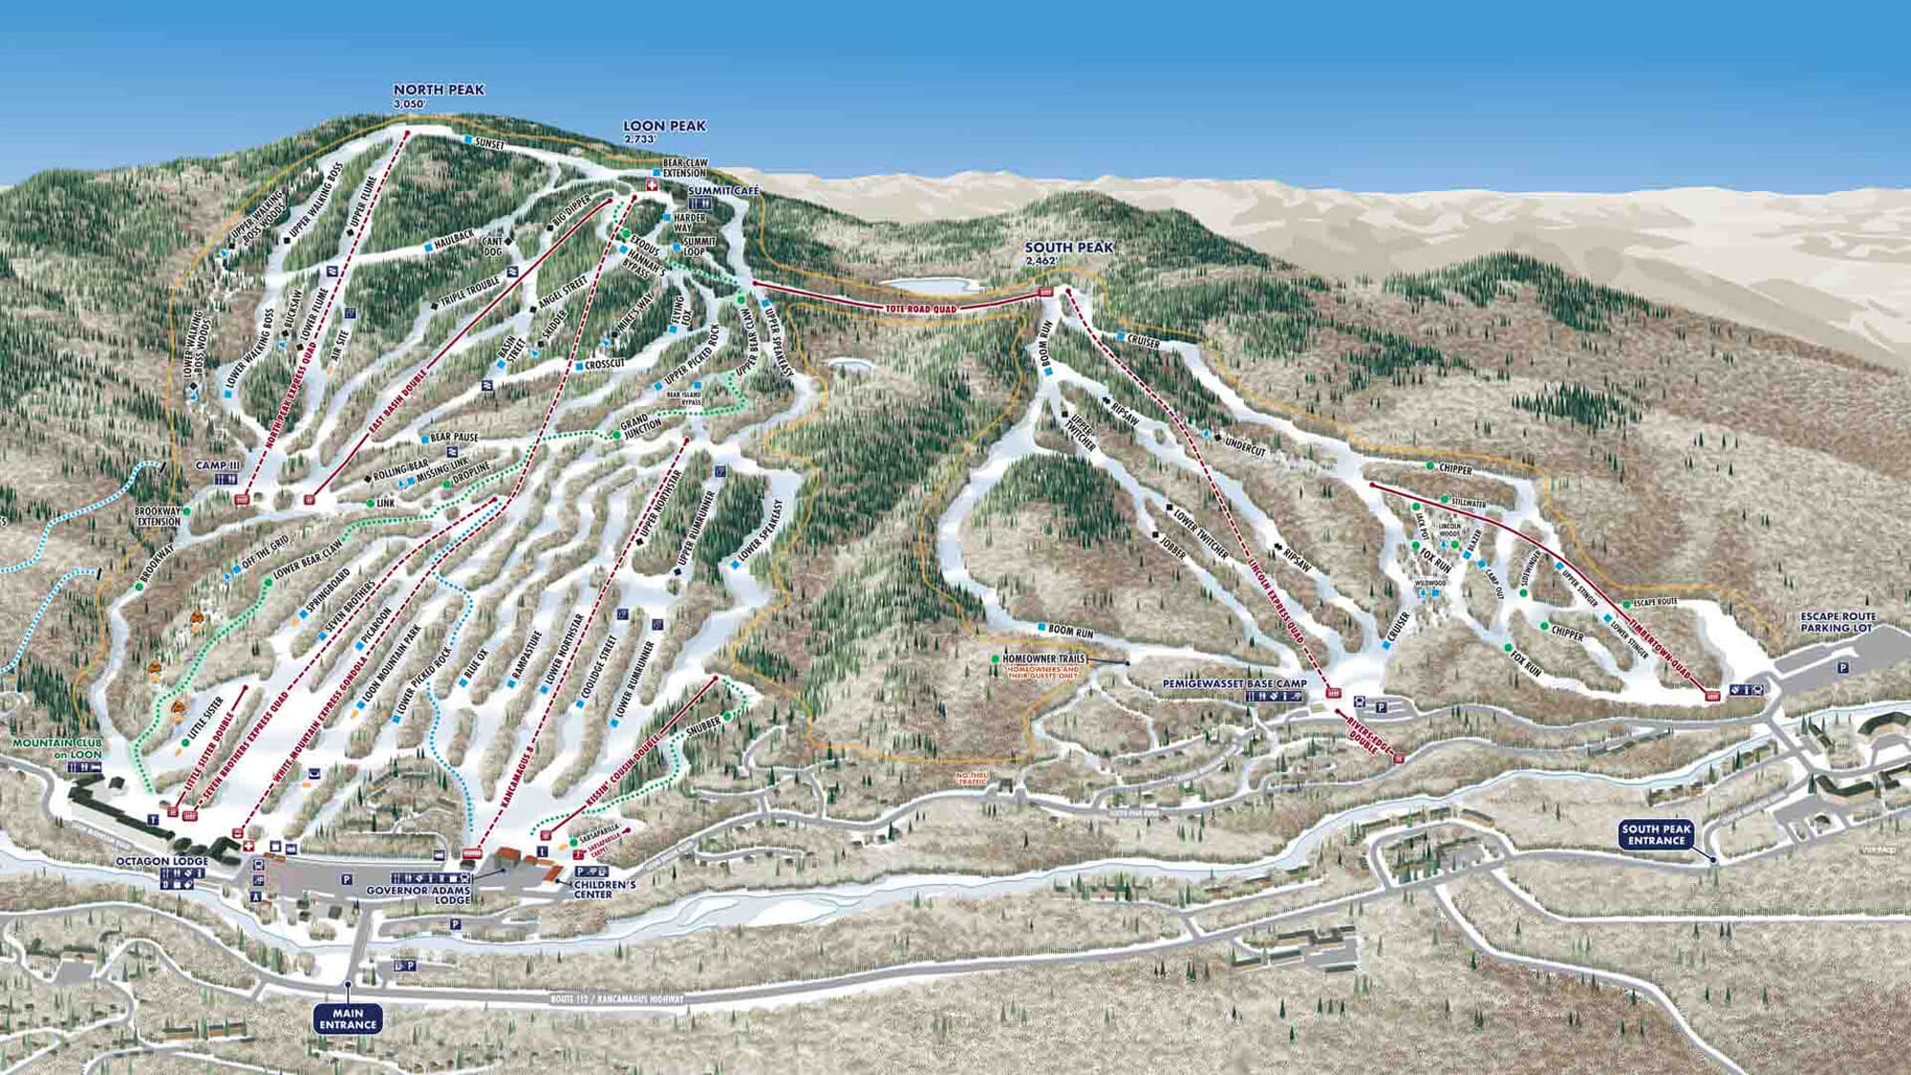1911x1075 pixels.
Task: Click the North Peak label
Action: coord(439,90)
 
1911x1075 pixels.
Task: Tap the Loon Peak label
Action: coord(664,126)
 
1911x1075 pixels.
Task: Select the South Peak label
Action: coord(1068,247)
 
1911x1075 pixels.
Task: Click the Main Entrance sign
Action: coord(348,1019)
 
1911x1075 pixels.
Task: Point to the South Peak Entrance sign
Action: coord(1656,835)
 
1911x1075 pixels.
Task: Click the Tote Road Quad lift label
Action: coord(920,309)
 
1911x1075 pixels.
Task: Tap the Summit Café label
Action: coord(723,191)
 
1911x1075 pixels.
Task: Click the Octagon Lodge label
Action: coord(161,861)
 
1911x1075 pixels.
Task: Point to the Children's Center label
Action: coord(606,890)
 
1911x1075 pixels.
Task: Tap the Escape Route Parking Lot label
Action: coord(1837,622)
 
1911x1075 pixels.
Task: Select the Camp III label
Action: coord(218,465)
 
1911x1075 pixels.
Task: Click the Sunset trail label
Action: coord(488,144)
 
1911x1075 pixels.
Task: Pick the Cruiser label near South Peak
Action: coord(1143,342)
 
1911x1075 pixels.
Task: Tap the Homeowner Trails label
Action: coord(1043,659)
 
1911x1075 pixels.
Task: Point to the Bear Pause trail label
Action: coord(454,438)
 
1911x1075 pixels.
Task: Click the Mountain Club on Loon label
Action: coord(56,748)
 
